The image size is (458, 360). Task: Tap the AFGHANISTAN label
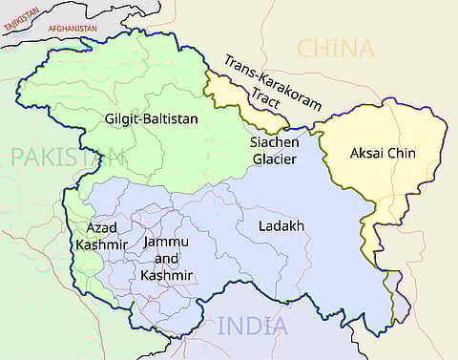coord(73,29)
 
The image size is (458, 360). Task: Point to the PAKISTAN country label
coord(68,158)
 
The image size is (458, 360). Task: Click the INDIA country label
coord(252,326)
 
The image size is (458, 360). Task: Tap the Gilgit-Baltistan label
coord(154,119)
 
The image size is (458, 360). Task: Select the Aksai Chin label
coord(383,153)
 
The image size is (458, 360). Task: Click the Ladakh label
coord(281,226)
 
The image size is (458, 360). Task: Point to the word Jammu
coord(166,243)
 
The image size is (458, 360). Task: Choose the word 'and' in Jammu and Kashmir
coord(166,259)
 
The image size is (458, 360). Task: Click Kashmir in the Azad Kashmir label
coord(100,244)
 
